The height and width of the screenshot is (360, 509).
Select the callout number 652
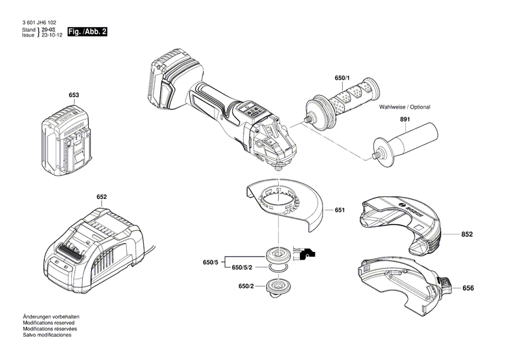pos(101,197)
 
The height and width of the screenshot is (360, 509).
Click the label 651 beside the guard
pos(339,210)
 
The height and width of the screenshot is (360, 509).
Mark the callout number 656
pos(468,288)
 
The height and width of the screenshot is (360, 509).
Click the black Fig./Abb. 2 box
pos(87,32)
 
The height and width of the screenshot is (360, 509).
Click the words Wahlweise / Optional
pos(404,107)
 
